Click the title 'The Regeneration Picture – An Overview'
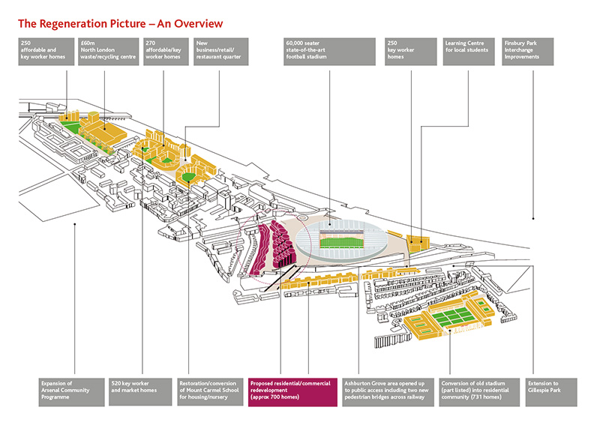(x=120, y=24)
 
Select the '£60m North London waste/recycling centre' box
(x=108, y=52)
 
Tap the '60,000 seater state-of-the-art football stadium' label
(x=329, y=52)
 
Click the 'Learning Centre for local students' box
(x=469, y=52)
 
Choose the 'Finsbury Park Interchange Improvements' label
(x=528, y=52)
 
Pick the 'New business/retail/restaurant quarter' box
(x=220, y=52)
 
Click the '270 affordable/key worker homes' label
(x=166, y=52)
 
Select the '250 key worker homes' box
(x=410, y=52)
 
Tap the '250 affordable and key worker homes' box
(x=46, y=52)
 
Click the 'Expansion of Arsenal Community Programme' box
(x=71, y=392)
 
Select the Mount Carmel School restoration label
(x=210, y=392)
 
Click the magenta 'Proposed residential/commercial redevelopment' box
(x=292, y=392)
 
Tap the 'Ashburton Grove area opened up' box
(x=388, y=392)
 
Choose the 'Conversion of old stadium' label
(x=479, y=392)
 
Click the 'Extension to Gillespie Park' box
(x=551, y=392)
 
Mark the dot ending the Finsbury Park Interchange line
(x=533, y=219)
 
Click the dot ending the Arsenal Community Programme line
(x=74, y=224)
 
